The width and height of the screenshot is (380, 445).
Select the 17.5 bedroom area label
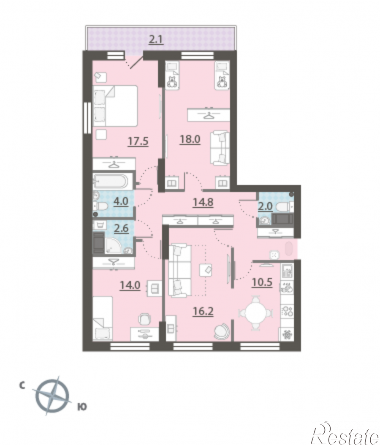click(138, 141)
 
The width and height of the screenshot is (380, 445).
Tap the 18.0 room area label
click(190, 139)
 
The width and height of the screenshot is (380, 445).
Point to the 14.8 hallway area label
click(203, 202)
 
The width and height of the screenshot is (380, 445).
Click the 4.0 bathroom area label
click(121, 201)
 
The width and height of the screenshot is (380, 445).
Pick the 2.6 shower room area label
click(121, 228)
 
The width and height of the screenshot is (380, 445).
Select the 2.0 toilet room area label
click(265, 206)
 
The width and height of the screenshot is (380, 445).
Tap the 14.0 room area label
click(130, 285)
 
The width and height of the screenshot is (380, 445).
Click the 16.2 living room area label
click(203, 311)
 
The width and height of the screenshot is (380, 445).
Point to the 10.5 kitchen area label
click(262, 282)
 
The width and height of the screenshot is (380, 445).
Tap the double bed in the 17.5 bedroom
click(115, 106)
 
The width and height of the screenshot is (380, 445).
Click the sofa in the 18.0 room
click(220, 148)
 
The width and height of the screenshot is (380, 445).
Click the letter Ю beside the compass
click(82, 407)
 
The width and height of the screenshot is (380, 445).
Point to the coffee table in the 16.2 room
click(206, 270)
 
